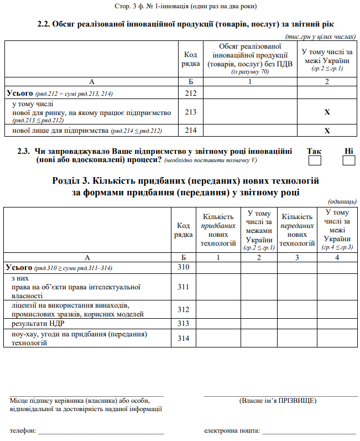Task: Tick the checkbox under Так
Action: tap(315, 160)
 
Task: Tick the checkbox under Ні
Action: tap(348, 160)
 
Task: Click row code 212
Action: tap(191, 93)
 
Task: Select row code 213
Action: tap(191, 112)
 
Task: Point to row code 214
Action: tap(191, 131)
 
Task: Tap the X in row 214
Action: tap(327, 131)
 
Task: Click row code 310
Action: tap(184, 267)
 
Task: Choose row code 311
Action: tap(184, 287)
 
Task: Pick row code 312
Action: tap(184, 309)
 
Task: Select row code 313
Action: tap(184, 323)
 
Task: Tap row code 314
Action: tap(184, 338)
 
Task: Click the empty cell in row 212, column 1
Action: tap(251, 93)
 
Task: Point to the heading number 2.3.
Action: tap(23, 151)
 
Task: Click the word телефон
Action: tap(23, 430)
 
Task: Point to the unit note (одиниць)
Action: tap(342, 201)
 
